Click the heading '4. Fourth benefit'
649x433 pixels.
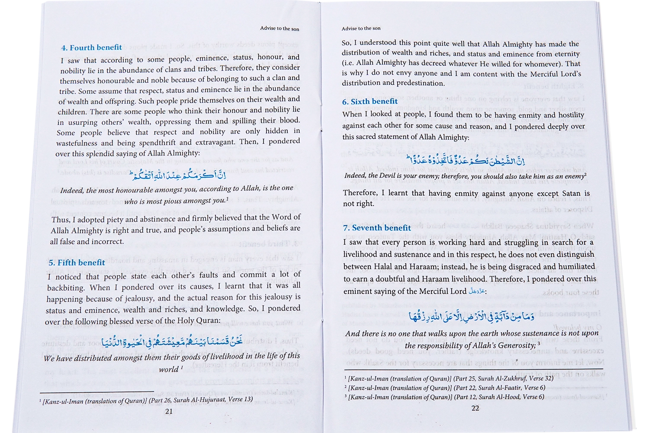[92, 48]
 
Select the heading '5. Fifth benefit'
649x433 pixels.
[77, 262]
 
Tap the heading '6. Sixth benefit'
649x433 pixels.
[370, 101]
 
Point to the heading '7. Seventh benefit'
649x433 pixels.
[377, 228]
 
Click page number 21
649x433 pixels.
[169, 411]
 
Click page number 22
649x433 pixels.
[475, 408]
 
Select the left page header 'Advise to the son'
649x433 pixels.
[280, 29]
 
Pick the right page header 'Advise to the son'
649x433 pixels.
[361, 29]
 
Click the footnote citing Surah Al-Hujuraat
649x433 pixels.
[147, 400]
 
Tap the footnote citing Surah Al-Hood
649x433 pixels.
[445, 397]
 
